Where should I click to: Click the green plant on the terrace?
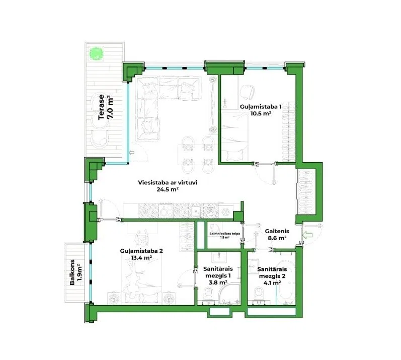tap(97, 53)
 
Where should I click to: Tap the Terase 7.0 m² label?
tap(105, 107)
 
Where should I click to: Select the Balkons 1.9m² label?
tap(75, 272)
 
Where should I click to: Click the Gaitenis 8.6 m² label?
tap(277, 234)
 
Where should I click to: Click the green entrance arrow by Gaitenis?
tap(307, 235)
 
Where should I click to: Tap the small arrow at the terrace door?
tap(132, 153)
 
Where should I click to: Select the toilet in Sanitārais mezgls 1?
tap(208, 294)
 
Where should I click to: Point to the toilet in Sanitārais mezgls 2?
tap(259, 294)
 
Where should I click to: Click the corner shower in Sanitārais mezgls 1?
tap(229, 293)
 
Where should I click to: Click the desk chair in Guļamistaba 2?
tap(141, 239)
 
